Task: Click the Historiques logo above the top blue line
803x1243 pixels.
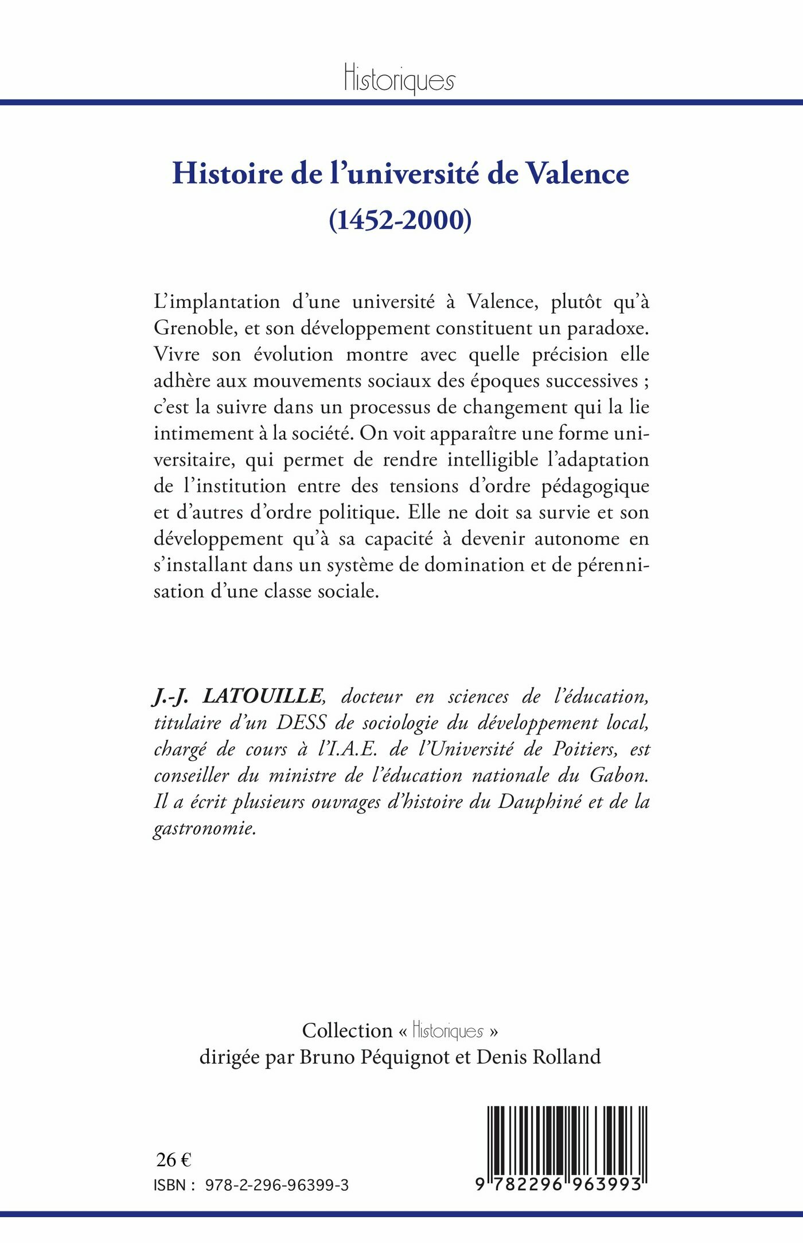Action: click(400, 79)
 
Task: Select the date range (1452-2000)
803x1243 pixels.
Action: click(400, 220)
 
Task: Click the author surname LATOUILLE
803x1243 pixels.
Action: click(263, 696)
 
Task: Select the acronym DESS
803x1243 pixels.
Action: click(302, 722)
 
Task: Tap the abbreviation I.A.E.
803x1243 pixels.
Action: click(350, 749)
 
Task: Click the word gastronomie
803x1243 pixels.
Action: click(204, 828)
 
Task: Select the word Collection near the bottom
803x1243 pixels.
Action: click(347, 1030)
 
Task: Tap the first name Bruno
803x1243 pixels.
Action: click(325, 1057)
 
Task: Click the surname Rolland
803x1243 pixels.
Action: click(567, 1057)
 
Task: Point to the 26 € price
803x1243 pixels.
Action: click(173, 1160)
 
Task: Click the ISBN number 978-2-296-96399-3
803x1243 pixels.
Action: click(276, 1185)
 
